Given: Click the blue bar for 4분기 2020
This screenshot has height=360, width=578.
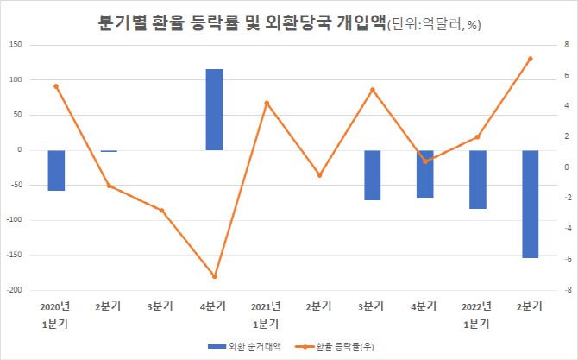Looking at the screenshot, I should pyautogui.click(x=214, y=110).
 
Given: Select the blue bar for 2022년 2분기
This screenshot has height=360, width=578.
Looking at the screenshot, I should pyautogui.click(x=530, y=204).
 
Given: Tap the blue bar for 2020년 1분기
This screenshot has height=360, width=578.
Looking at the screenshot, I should pyautogui.click(x=56, y=170).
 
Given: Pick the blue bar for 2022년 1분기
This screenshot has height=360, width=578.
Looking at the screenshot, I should pyautogui.click(x=477, y=180).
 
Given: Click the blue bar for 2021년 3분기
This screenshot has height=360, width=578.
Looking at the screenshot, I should pyautogui.click(x=372, y=175).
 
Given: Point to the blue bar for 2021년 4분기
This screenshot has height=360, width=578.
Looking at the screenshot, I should pyautogui.click(x=424, y=174).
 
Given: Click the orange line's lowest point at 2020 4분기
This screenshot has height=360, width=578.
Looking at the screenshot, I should pyautogui.click(x=214, y=276).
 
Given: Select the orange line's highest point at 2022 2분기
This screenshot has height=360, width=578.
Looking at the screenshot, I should pyautogui.click(x=530, y=59).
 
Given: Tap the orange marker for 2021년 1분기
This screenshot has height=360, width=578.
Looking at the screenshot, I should pyautogui.click(x=267, y=103).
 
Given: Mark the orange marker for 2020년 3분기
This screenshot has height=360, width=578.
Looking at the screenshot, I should pyautogui.click(x=161, y=210).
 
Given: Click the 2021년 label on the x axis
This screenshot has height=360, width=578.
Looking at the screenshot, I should pyautogui.click(x=267, y=306).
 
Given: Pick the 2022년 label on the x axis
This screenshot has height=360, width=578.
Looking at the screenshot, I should pyautogui.click(x=477, y=306).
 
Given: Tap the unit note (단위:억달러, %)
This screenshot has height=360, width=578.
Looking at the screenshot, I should pyautogui.click(x=431, y=25).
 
